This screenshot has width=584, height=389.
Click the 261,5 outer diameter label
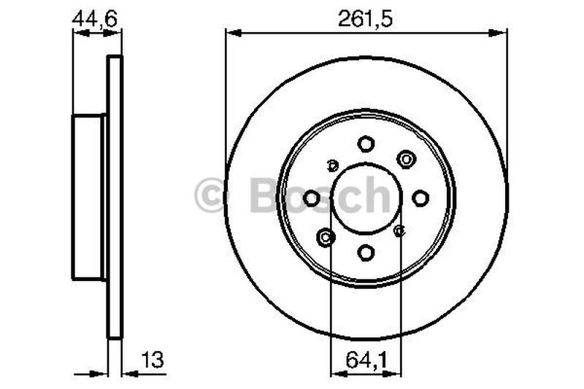tap(365, 19)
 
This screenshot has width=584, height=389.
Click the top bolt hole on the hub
tap(366, 144)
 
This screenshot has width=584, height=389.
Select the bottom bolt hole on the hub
tap(366, 253)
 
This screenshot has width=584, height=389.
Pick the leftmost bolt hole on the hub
tap(312, 198)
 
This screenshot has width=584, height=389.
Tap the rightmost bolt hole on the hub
tap(420, 198)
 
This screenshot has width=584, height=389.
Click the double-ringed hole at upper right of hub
tap(405, 158)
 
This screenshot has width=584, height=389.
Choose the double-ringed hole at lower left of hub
tap(326, 236)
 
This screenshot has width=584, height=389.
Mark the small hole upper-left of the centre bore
tap(333, 165)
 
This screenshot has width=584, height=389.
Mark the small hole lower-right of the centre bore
tap(399, 231)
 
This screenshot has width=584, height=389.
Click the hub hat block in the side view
tap(88, 197)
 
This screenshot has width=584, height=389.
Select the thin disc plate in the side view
tap(115, 197)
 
